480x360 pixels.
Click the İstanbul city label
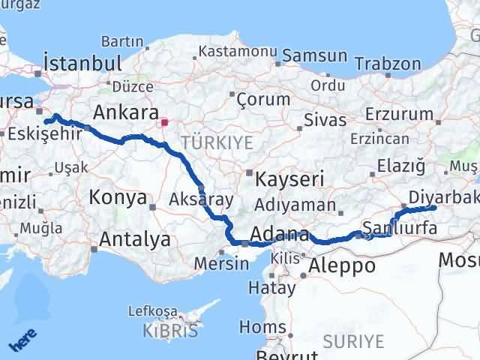82,61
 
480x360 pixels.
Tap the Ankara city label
124,112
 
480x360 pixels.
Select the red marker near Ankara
164,121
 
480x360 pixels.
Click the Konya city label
118,197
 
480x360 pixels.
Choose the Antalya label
134,240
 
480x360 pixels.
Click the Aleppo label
342,265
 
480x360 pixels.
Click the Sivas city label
325,120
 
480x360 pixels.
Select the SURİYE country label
352,342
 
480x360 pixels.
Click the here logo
23,342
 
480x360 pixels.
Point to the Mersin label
221,263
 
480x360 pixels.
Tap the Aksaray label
202,199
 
